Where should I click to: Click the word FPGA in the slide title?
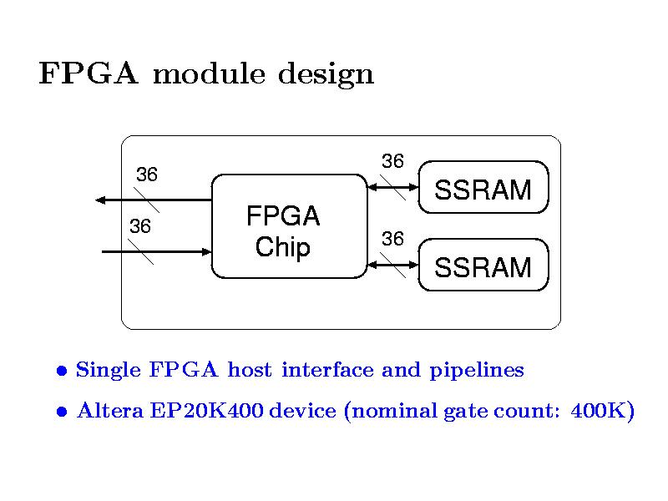88,75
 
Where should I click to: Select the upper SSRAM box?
483,190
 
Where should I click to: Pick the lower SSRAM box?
483,267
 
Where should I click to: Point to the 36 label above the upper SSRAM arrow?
392,160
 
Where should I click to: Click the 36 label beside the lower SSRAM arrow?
392,240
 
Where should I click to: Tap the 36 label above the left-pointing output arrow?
147,175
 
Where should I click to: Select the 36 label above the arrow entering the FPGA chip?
139,226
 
